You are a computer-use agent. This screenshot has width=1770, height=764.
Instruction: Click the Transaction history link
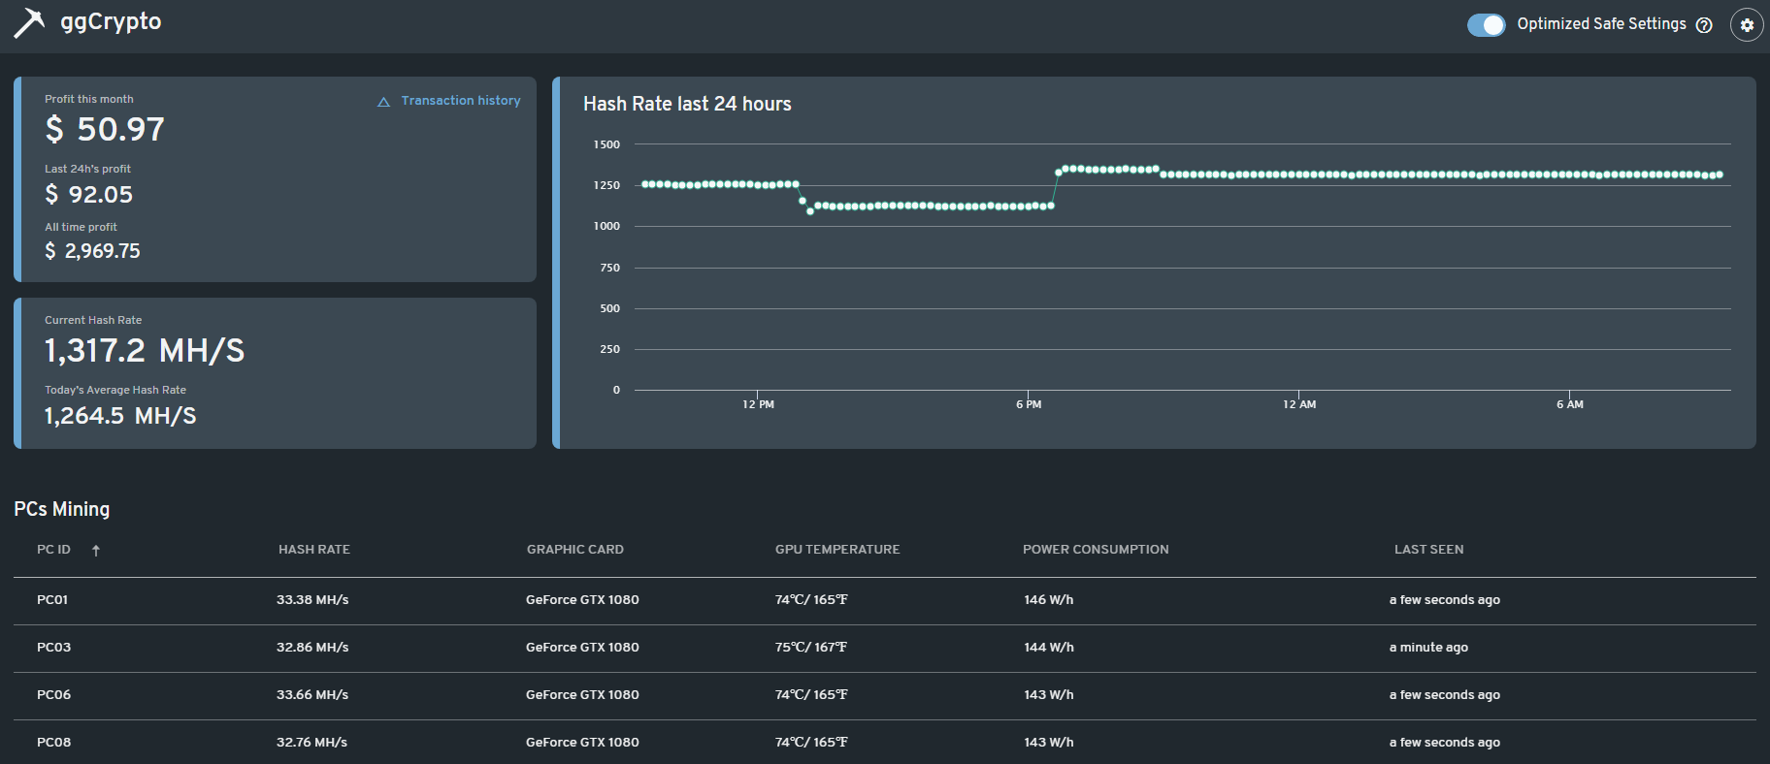[460, 101]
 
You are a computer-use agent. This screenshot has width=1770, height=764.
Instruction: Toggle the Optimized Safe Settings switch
[1486, 25]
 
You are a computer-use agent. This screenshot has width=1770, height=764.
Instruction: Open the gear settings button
[1746, 25]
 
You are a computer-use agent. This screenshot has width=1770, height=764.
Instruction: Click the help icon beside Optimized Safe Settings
[1704, 26]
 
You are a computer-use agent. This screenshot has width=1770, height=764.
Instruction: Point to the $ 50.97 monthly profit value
[105, 129]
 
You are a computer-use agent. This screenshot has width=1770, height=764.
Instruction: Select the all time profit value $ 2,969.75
[92, 251]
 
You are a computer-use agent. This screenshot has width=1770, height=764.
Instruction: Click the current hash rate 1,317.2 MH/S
[144, 351]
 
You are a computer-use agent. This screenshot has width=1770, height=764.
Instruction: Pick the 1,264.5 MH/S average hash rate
[120, 416]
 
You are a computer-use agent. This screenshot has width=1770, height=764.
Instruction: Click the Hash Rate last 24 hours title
[687, 104]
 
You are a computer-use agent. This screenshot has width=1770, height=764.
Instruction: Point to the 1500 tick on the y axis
[606, 144]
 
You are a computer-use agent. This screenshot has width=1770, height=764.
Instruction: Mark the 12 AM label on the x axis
[1299, 404]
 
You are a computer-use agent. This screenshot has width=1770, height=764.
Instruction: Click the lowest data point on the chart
[810, 211]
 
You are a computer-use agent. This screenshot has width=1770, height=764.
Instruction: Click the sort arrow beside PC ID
[96, 551]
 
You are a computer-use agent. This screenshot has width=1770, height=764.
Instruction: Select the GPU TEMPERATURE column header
[836, 550]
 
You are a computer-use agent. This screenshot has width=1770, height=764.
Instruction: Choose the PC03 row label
[54, 648]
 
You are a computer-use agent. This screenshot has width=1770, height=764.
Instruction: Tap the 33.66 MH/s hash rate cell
[312, 695]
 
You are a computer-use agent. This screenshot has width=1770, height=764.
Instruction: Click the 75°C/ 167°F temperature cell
[810, 648]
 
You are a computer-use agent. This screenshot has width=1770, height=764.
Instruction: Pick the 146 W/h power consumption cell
[1048, 600]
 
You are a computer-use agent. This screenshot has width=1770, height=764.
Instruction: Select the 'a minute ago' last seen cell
[1428, 648]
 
